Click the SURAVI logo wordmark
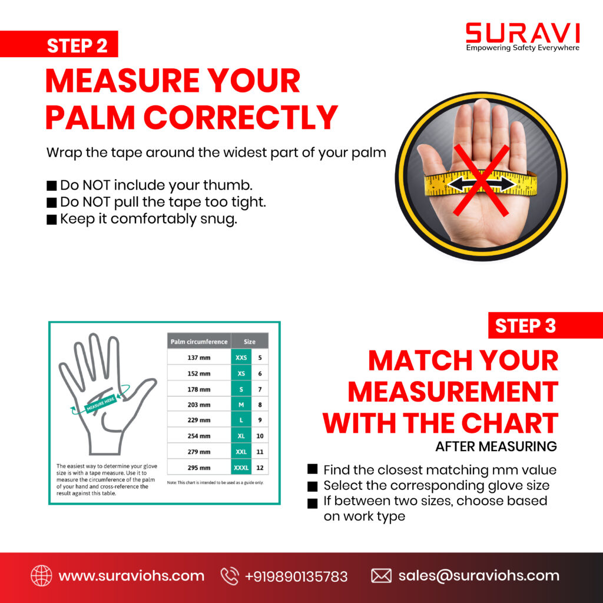(x=522, y=33)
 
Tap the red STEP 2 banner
(x=59, y=44)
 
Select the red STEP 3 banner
(x=545, y=325)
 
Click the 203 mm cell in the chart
(x=199, y=405)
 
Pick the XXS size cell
(x=241, y=357)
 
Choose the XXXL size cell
(x=241, y=468)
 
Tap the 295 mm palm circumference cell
(x=199, y=468)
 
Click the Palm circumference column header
(x=199, y=342)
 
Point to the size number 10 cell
(x=260, y=436)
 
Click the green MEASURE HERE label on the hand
(x=100, y=403)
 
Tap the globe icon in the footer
(x=42, y=576)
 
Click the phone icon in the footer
(x=230, y=576)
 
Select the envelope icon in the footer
(x=381, y=576)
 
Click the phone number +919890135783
(x=296, y=576)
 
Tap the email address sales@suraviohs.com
(x=479, y=576)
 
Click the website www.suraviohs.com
(x=131, y=576)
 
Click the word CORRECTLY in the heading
(x=241, y=117)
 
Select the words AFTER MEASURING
(x=496, y=446)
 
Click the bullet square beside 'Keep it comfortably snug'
(x=52, y=220)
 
